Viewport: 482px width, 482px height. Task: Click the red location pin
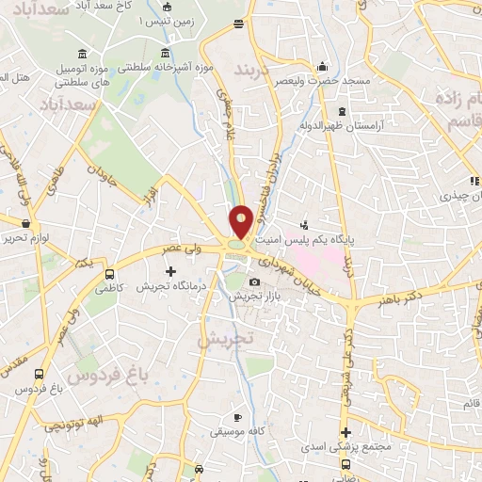241,222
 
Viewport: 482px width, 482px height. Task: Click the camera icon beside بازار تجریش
254,282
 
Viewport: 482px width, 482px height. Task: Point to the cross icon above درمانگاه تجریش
170,272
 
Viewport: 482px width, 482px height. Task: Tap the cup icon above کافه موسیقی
238,417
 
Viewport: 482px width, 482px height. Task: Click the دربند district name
252,72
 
